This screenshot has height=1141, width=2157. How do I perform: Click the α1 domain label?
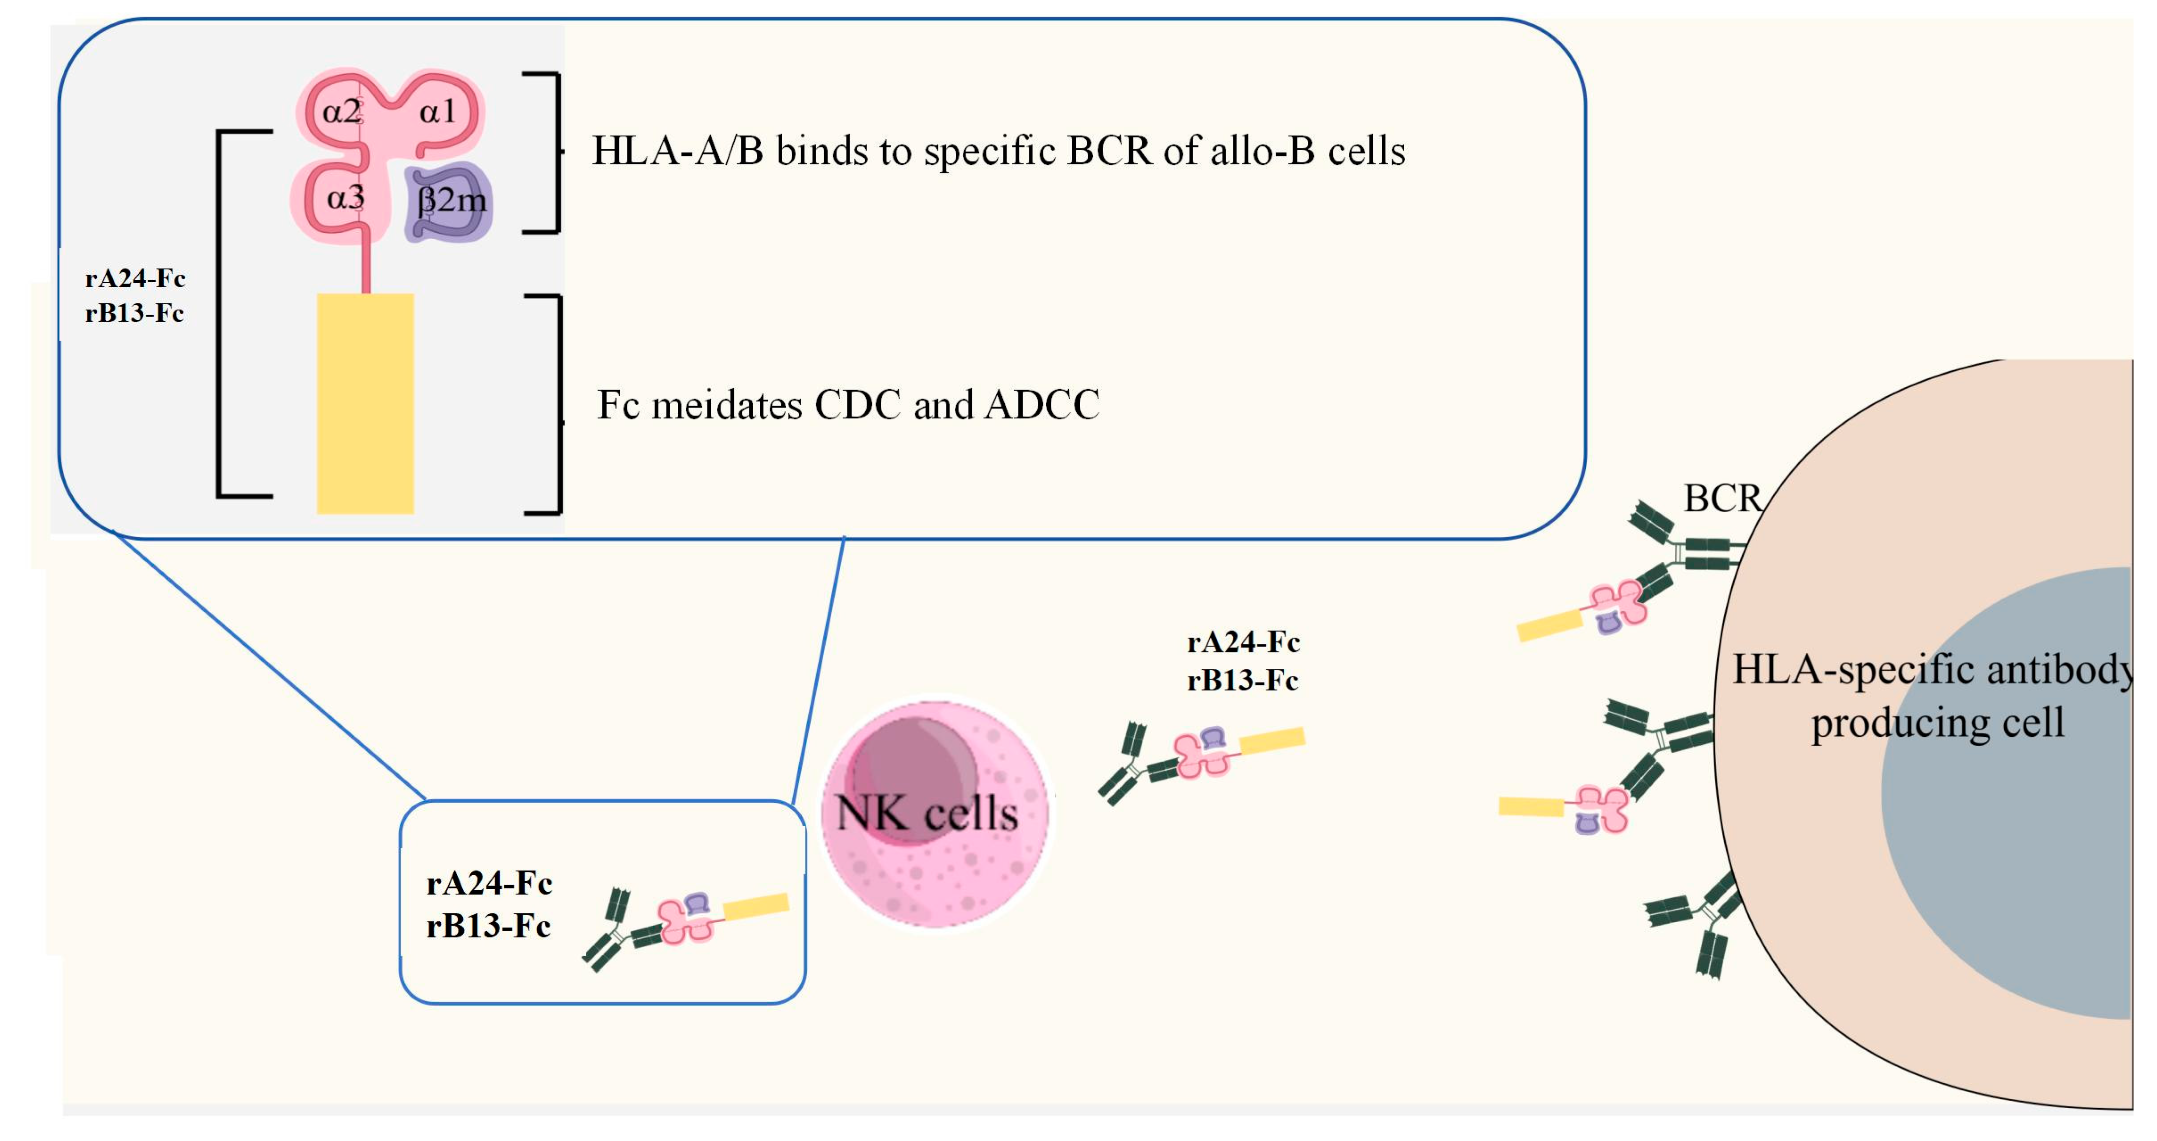tap(437, 111)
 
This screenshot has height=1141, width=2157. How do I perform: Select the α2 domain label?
tap(341, 111)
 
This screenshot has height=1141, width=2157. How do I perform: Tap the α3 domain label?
tap(345, 198)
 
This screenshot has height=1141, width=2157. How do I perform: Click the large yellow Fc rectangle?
tap(365, 403)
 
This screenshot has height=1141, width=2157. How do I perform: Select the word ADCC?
tap(1042, 406)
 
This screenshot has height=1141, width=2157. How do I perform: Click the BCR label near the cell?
tap(1722, 499)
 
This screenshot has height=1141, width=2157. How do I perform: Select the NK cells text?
tap(927, 813)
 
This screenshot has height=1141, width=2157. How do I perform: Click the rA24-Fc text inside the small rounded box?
tap(489, 883)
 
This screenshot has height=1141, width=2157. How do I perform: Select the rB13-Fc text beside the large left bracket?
tap(134, 313)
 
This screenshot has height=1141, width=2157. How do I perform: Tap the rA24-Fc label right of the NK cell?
tap(1242, 642)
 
